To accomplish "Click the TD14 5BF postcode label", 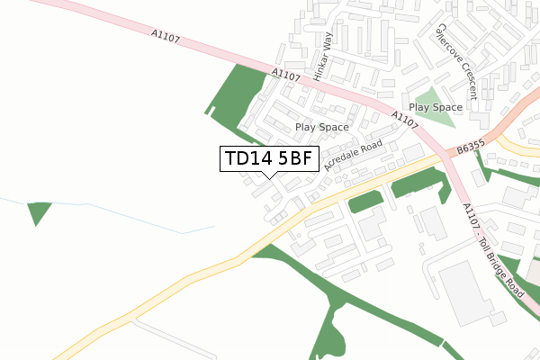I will (x=269, y=159).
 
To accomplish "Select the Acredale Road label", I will (x=354, y=156).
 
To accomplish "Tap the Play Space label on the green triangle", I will (x=436, y=107).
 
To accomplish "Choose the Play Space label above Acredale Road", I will (x=321, y=128).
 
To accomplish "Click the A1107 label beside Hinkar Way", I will (x=285, y=77).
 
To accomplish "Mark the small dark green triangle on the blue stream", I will (x=39, y=213).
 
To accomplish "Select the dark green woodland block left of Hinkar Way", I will (x=236, y=94).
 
